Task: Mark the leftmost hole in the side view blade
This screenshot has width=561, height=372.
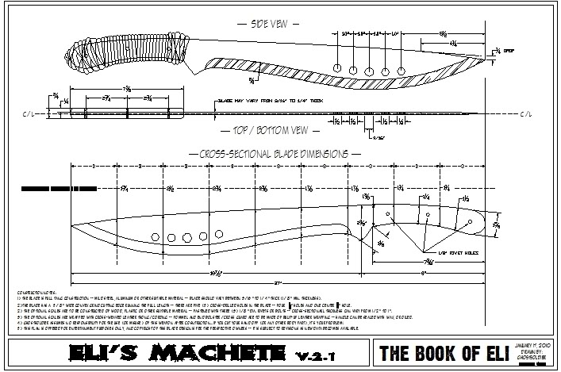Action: pyautogui.click(x=338, y=68)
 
